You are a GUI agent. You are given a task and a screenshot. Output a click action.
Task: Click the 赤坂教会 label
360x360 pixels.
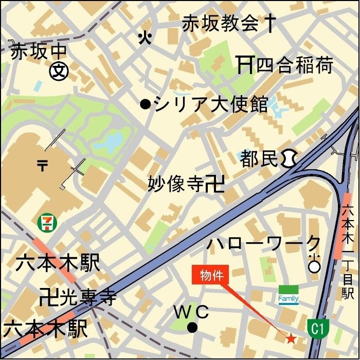point(220,23)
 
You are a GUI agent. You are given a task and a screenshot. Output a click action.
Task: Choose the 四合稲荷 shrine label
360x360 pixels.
point(295,65)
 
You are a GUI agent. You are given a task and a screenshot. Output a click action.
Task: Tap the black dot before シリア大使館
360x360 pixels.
point(145,104)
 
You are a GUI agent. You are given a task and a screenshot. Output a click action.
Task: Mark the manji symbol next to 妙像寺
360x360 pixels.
point(214,184)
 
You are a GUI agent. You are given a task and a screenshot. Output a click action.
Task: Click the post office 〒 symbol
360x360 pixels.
point(42,165)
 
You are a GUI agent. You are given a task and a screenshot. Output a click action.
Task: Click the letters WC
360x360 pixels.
point(191,312)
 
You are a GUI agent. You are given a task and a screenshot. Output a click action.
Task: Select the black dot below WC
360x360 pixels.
point(192,327)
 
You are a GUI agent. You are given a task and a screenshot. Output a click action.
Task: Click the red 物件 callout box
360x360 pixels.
point(211,275)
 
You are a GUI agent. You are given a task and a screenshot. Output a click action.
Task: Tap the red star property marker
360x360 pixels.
point(291,338)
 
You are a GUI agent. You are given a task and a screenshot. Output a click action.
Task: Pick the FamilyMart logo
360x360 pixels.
point(289,296)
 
